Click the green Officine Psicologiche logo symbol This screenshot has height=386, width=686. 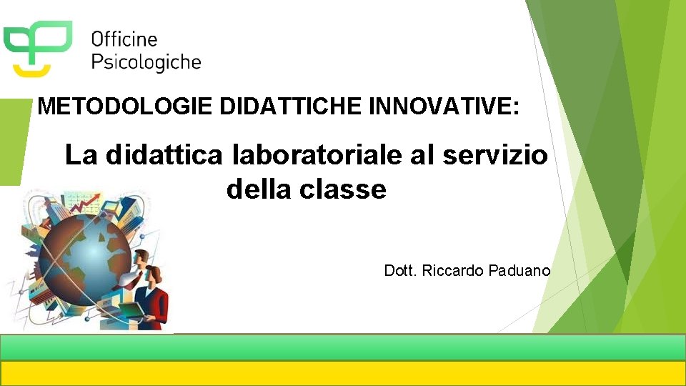37,46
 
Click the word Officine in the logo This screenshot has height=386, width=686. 124,39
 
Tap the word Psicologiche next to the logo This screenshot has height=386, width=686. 146,63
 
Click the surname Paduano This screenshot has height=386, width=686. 521,271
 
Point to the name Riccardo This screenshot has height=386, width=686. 454,271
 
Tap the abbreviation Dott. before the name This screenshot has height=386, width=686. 400,271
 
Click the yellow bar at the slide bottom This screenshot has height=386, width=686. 343,373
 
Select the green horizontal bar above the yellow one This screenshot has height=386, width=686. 343,347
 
